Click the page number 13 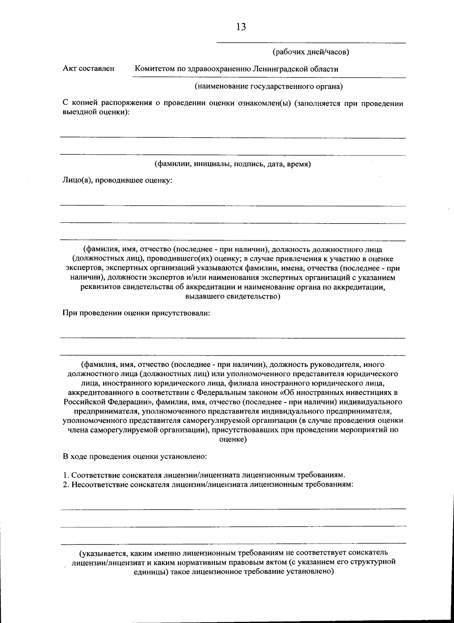[241, 27]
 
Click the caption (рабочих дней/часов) [311, 52]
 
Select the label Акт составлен [89, 69]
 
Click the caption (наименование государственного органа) [269, 87]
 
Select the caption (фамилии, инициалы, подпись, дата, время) [233, 164]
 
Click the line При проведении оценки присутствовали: [136, 313]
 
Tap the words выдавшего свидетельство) [233, 297]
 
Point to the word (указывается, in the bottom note [103, 553]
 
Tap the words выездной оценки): [96, 112]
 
